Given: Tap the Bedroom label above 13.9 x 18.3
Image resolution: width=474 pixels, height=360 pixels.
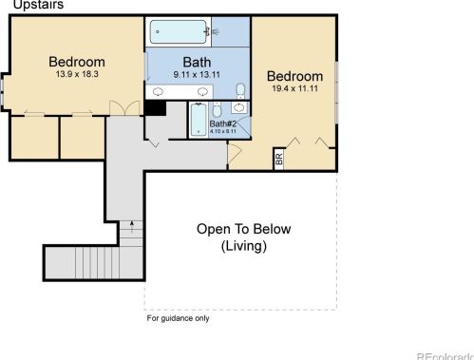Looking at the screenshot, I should (x=77, y=62).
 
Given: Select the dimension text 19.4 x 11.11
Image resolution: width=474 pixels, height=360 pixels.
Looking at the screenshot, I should (x=294, y=87).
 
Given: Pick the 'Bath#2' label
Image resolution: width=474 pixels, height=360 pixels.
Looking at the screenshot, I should (x=222, y=123).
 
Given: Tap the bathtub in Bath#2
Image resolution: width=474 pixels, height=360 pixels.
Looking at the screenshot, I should (x=198, y=120).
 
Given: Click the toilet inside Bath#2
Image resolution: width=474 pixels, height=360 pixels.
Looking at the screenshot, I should (x=218, y=108).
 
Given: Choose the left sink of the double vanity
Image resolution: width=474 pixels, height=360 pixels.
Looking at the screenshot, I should (x=159, y=91).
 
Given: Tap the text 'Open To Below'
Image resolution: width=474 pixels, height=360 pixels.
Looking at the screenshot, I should (x=243, y=229).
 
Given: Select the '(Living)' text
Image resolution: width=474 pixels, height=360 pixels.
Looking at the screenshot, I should (x=243, y=246).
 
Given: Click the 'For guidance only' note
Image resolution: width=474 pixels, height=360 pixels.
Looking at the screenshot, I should (x=178, y=318).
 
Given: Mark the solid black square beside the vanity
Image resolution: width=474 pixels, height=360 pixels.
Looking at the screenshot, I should (x=155, y=107).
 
